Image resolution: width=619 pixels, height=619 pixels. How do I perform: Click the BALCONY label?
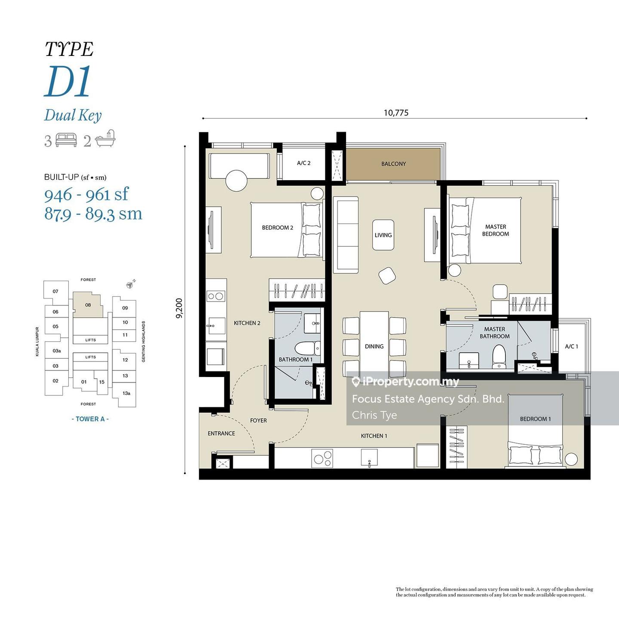pos(393,164)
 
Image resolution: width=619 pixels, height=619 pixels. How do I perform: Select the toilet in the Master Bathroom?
pos(499,356)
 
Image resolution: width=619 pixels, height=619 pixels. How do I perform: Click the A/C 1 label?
pos(571,346)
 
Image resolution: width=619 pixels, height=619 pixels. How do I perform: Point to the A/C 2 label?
pos(303,163)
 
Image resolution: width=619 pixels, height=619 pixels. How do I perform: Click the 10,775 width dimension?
pos(396,113)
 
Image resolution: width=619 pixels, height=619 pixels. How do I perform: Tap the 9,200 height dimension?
pos(179,309)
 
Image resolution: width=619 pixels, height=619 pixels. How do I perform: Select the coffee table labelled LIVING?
pos(383,235)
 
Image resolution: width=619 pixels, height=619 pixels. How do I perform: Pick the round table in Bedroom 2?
pos(236,181)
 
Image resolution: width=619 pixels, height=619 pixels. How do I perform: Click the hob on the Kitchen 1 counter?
pos(322,458)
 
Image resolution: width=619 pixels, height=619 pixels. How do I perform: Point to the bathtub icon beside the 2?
pos(105,139)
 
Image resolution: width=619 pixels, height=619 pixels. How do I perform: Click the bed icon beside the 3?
pos(66,140)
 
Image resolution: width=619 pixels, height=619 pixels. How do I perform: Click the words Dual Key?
pos(73,115)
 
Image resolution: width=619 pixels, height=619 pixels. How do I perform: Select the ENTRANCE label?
pos(221,433)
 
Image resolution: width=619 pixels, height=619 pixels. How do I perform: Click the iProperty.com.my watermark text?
pos(406,381)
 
